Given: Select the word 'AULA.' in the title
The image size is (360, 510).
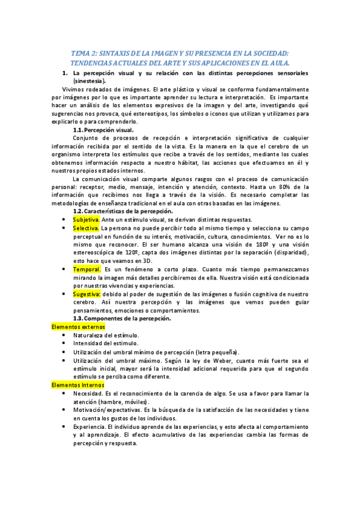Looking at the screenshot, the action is coord(278,63).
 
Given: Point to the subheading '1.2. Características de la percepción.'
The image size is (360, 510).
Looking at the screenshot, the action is coord(123,211).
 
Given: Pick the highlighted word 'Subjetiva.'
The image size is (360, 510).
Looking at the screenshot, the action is coord(86,220).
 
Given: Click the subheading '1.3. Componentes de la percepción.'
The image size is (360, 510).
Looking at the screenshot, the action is coord(123,318).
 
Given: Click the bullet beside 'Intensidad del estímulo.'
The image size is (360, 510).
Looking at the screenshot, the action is coord(64,343).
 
